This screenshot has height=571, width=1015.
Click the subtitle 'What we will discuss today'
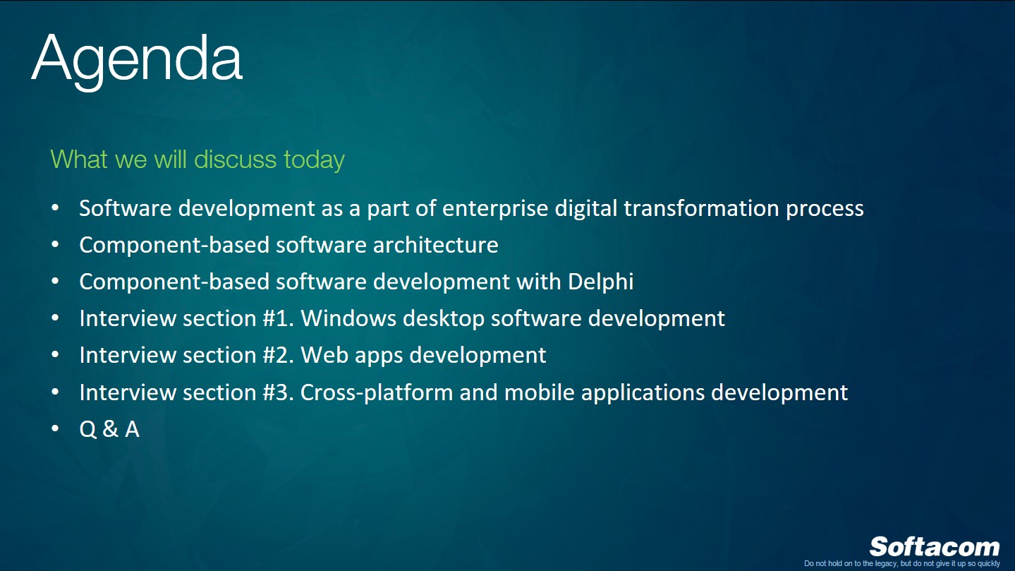point(197,160)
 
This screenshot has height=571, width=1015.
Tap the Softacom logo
point(934,547)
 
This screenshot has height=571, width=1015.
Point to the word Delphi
point(600,282)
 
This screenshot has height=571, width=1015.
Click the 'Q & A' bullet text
point(109,428)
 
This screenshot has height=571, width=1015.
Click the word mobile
point(540,392)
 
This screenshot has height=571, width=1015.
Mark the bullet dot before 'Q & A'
point(56,428)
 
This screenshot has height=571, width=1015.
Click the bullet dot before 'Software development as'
point(56,209)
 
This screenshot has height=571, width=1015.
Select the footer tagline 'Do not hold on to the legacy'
point(901,563)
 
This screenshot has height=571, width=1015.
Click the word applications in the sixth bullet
point(643,392)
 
